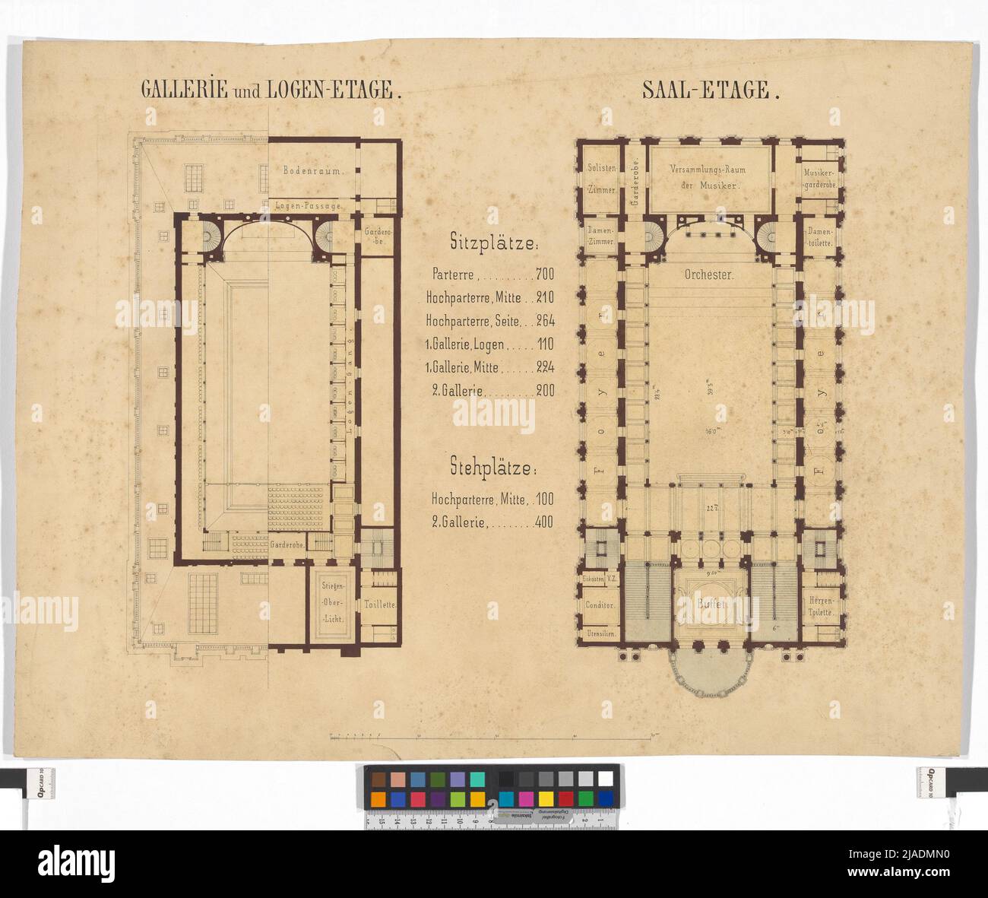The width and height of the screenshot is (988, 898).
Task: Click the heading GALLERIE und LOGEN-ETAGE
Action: (271, 90)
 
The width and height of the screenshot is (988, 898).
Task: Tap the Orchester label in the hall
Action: (708, 275)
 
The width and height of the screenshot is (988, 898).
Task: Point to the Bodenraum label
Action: (314, 171)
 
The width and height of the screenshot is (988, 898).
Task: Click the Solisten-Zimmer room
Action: (600, 177)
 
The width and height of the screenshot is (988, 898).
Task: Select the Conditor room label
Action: (600, 606)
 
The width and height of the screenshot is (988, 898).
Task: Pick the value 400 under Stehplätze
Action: (543, 522)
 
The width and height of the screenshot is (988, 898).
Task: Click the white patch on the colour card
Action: (605, 779)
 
